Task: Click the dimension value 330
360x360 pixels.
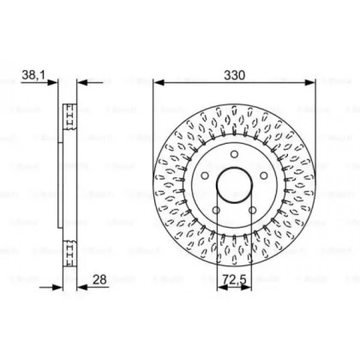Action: point(234,75)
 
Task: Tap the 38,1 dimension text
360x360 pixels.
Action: point(33,75)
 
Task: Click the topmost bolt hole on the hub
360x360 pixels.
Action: point(234,154)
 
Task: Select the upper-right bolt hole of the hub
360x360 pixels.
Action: point(263,175)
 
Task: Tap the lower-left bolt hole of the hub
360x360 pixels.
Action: point(216,210)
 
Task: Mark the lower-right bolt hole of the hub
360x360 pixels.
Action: point(252,210)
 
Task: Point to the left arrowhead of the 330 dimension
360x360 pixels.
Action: point(157,82)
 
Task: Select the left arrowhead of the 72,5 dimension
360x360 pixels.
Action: point(220,287)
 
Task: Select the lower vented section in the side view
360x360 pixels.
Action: point(69,254)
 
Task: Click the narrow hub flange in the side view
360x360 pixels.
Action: point(61,186)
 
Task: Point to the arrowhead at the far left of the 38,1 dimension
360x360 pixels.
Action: point(54,82)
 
